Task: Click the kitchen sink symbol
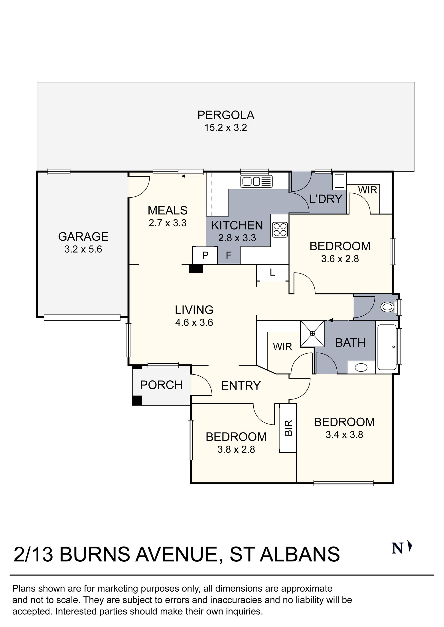click(256, 181)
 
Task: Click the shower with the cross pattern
click(312, 333)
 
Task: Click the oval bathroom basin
click(361, 368)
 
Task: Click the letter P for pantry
click(205, 255)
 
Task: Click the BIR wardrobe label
click(288, 428)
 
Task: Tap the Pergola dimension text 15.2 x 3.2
click(226, 128)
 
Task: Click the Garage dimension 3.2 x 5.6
click(83, 249)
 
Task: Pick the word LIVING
click(194, 310)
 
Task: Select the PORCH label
click(161, 385)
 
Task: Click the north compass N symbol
click(397, 548)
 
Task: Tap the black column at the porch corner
click(137, 400)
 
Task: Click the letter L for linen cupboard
click(272, 272)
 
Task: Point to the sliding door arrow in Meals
click(191, 176)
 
